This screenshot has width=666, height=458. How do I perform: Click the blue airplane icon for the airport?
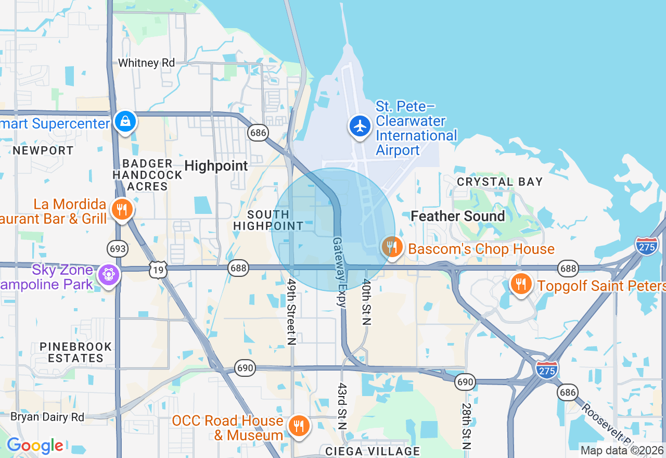(x=360, y=126)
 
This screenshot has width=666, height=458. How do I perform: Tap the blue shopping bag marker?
(x=125, y=121)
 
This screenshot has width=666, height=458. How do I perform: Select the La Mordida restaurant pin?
(x=122, y=209)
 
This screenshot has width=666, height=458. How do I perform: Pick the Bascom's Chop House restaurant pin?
(x=391, y=247)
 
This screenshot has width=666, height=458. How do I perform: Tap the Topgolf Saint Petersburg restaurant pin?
(x=520, y=284)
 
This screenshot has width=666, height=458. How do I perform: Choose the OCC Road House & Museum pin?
(x=299, y=426)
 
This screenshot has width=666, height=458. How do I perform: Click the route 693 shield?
(x=118, y=248)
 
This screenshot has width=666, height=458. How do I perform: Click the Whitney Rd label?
(x=146, y=63)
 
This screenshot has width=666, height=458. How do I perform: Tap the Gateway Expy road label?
(x=339, y=272)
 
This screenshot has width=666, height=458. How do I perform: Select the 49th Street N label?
(x=291, y=311)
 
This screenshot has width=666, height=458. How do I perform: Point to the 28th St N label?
(x=466, y=426)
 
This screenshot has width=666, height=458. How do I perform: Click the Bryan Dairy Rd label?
(x=47, y=417)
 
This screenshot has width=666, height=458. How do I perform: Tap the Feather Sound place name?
(x=458, y=216)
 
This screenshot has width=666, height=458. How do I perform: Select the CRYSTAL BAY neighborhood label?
(x=499, y=182)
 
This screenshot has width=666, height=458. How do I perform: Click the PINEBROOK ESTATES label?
(x=76, y=352)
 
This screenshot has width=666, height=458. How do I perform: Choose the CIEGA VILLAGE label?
(x=373, y=451)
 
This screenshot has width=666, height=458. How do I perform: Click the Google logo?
(x=35, y=446)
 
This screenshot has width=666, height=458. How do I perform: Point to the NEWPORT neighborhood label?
(x=43, y=150)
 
